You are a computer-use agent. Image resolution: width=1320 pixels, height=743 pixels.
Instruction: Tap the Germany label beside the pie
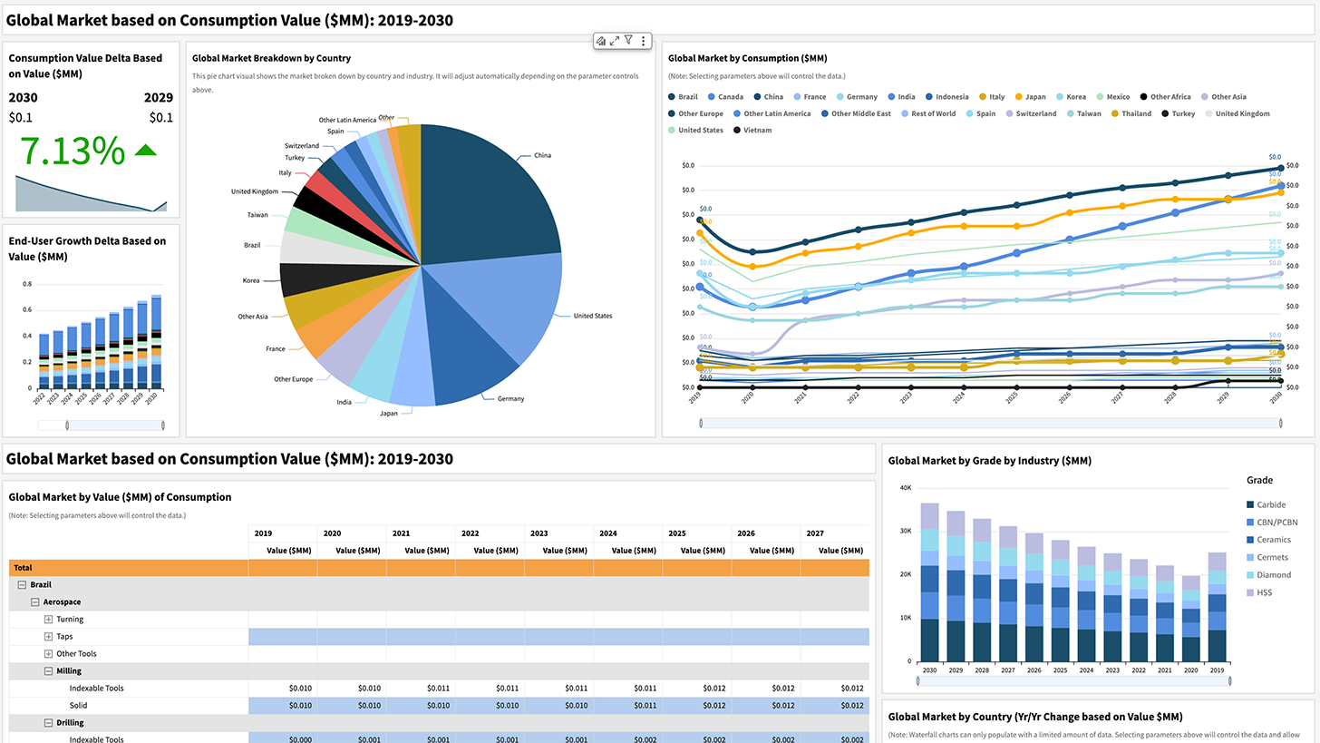point(510,398)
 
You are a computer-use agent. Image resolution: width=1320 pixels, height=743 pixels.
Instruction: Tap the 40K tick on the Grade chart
point(904,487)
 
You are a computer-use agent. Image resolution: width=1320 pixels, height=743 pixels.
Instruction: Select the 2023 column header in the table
point(540,533)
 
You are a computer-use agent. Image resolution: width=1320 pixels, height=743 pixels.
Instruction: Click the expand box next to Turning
point(49,619)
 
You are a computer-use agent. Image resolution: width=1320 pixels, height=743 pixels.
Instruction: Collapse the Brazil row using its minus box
point(22,585)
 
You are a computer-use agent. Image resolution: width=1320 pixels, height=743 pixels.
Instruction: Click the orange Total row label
point(23,567)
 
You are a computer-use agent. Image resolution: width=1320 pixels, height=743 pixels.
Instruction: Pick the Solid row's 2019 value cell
point(283,705)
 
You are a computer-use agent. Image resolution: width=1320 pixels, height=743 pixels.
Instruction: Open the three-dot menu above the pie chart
point(643,41)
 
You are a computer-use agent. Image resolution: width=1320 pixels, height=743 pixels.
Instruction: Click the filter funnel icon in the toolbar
point(628,41)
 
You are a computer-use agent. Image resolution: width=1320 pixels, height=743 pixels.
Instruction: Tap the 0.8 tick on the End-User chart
point(26,284)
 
